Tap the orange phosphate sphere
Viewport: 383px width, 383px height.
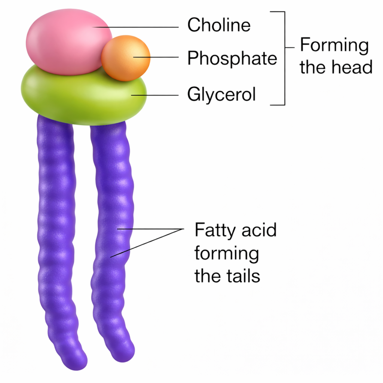coord(126,58)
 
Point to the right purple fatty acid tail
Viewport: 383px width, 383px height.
coord(112,224)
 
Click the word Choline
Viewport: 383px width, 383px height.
coord(219,25)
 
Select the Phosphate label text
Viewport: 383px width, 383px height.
coord(232,58)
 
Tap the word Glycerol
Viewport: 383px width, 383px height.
coord(221,95)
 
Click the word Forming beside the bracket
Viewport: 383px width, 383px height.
coord(334,46)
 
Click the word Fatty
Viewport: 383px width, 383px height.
coord(212,230)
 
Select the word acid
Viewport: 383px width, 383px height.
coord(258,230)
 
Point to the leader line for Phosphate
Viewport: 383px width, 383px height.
coord(161,57)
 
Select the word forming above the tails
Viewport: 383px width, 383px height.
coord(226,254)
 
